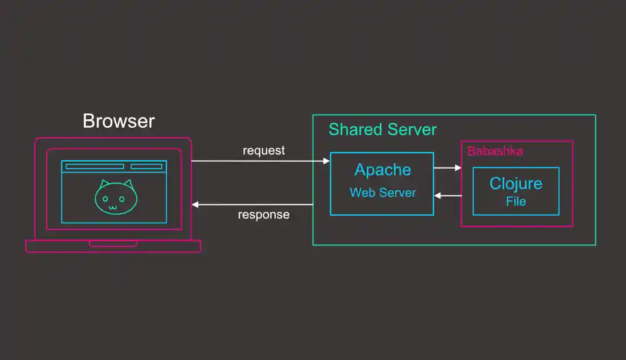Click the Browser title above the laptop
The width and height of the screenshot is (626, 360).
(119, 121)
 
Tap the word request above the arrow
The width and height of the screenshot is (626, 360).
(264, 150)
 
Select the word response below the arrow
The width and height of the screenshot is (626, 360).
(263, 215)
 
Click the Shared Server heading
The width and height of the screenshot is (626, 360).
(383, 129)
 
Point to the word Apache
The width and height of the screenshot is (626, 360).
(383, 170)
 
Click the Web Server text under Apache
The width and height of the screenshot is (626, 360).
(383, 192)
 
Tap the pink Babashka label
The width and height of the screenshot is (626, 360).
(495, 151)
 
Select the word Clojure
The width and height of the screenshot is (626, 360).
(515, 183)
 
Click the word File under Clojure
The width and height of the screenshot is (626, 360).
(516, 201)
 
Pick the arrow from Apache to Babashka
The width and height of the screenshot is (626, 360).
(447, 168)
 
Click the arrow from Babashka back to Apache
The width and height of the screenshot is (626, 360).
(448, 195)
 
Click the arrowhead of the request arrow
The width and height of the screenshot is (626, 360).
(326, 161)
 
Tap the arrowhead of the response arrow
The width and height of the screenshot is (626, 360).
(195, 204)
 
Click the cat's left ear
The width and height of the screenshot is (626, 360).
(103, 185)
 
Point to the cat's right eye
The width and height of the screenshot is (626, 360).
(121, 199)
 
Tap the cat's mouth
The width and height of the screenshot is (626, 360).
(112, 207)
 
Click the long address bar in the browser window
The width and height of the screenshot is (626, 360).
(95, 166)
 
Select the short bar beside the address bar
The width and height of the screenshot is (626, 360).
(146, 166)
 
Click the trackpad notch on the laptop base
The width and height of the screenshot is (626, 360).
(113, 244)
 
